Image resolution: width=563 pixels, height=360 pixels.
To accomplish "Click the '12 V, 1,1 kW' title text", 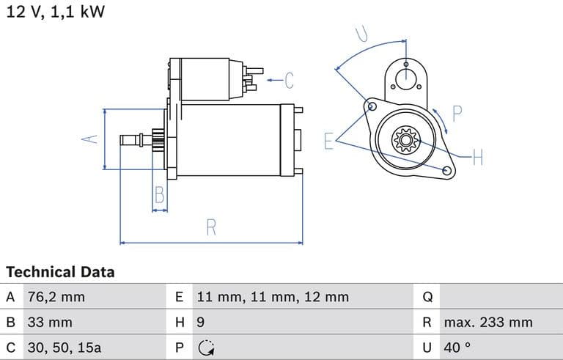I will click(56, 12).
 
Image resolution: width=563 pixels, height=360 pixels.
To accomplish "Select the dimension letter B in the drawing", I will click(159, 195).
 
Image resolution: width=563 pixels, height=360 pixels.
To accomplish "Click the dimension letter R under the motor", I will click(211, 227).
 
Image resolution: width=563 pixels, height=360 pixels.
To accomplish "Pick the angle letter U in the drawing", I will click(361, 34).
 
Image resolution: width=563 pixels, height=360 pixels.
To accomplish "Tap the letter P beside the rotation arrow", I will click(457, 114).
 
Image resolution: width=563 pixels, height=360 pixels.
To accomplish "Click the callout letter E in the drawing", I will click(329, 142).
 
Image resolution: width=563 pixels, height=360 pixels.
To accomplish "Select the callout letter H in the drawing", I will click(478, 157).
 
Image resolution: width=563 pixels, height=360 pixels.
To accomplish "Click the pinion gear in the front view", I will click(404, 139).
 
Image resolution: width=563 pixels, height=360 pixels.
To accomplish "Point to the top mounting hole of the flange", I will click(405, 65).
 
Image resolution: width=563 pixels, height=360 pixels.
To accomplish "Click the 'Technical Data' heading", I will click(60, 272).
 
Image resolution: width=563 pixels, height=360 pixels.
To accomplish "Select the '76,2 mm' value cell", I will click(56, 297).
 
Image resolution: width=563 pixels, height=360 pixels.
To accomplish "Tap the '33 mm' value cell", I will click(50, 322).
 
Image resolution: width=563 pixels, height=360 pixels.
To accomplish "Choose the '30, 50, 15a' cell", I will click(64, 347).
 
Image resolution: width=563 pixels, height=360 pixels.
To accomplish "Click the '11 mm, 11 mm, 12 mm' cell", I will click(272, 297).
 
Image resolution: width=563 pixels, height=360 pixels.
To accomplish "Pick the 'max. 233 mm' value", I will click(487, 322).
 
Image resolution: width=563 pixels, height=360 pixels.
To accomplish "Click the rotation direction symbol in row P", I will click(206, 348).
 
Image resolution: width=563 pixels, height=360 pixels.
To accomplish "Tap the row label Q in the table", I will click(428, 297).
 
